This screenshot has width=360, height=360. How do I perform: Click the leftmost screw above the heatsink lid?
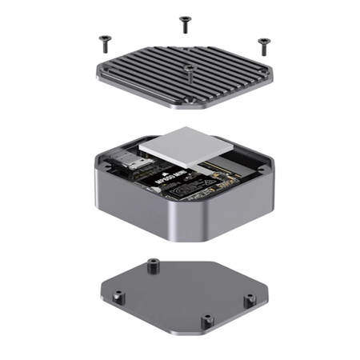[102, 38]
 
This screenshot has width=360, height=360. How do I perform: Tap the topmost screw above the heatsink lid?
[185, 22]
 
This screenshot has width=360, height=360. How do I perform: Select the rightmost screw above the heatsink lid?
[262, 41]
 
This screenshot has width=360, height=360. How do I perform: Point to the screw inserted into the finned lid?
[187, 70]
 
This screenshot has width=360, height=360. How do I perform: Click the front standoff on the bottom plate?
[207, 320]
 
